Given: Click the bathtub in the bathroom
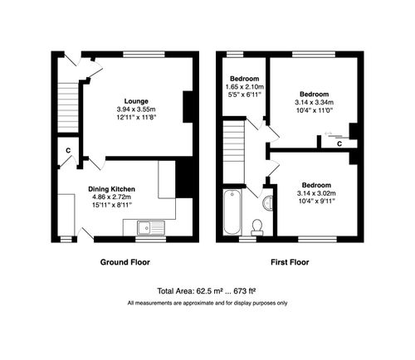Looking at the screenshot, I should click(231, 213).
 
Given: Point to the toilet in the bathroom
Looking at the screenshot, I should click(257, 226).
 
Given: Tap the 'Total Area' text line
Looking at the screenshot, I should click(207, 291).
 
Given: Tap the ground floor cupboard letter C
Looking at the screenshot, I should click(67, 150).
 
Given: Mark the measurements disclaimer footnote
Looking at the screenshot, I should click(207, 303).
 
